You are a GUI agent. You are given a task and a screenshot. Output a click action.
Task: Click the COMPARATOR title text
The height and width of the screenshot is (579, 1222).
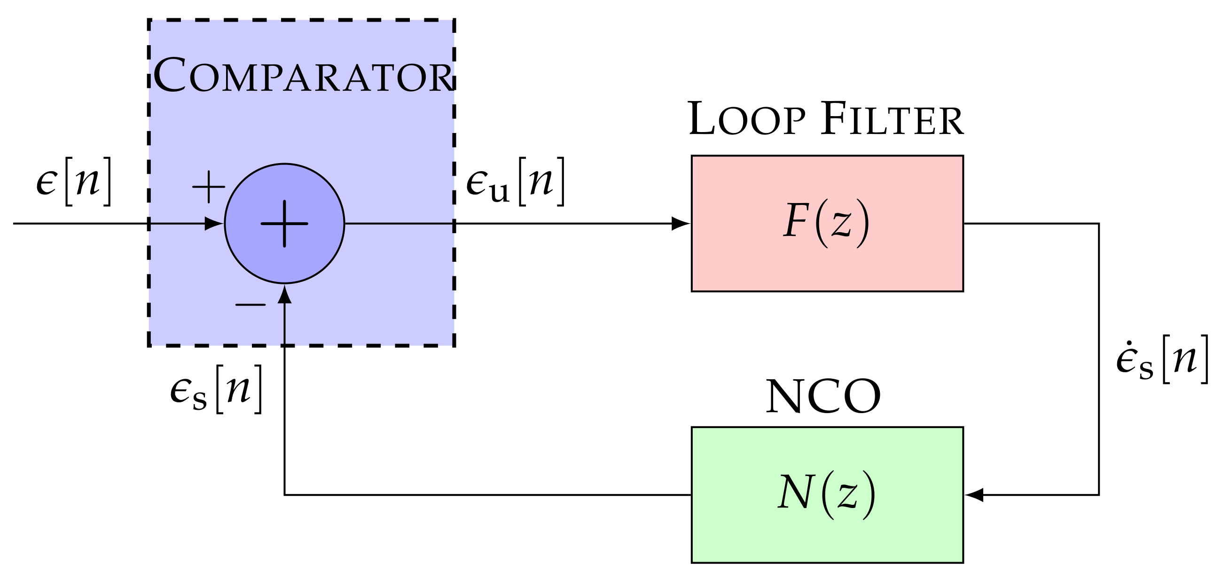tap(303, 76)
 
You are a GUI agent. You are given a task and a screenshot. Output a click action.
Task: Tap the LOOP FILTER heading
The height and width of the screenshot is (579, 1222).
tap(825, 119)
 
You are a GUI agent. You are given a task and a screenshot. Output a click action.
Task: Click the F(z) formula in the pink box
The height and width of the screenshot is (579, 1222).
tap(826, 223)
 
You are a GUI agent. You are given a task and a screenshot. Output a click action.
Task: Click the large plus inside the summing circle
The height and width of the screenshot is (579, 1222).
tap(284, 223)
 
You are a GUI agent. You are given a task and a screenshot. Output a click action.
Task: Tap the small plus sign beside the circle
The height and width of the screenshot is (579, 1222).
tap(208, 187)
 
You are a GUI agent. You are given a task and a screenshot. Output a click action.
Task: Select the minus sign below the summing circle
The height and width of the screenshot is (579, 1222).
tap(251, 305)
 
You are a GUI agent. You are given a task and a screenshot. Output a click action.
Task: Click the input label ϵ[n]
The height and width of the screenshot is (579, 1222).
tap(74, 181)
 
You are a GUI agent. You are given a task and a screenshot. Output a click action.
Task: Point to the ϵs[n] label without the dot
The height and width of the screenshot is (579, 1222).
tap(216, 390)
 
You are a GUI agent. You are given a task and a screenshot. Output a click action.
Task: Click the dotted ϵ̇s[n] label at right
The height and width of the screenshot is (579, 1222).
tap(1162, 360)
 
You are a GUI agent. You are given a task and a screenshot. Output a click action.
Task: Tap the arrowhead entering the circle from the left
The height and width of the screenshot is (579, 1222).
tap(213, 223)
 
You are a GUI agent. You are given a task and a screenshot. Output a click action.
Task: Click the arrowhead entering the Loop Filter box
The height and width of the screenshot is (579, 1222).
tap(680, 223)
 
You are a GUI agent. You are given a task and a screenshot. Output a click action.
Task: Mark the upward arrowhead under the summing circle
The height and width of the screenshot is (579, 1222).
tap(284, 295)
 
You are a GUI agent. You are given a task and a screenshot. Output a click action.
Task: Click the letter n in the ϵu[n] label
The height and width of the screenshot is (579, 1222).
tap(541, 181)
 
